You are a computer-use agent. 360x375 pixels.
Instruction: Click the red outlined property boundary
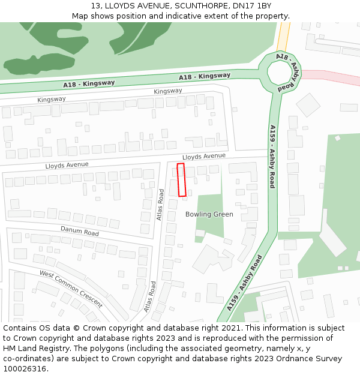pyautogui.click(x=181, y=179)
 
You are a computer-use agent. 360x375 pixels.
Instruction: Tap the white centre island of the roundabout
pyautogui.click(x=278, y=73)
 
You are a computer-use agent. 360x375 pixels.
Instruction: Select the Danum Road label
pyautogui.click(x=79, y=230)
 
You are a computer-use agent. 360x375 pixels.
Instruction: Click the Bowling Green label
pyautogui.click(x=209, y=214)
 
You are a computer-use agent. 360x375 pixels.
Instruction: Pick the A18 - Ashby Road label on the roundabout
pyautogui.click(x=286, y=71)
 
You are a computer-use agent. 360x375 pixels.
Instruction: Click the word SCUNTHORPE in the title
pyautogui.click(x=185, y=5)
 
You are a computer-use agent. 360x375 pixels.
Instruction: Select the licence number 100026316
pyautogui.click(x=25, y=369)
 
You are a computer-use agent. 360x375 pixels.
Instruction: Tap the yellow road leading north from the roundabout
pyautogui.click(x=284, y=36)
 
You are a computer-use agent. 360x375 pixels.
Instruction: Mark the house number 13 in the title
pyautogui.click(x=95, y=5)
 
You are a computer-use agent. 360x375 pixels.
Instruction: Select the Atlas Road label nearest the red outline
pyautogui.click(x=160, y=205)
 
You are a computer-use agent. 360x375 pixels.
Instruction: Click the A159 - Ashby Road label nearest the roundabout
pyautogui.click(x=272, y=156)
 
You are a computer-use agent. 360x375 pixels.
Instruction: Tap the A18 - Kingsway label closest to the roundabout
pyautogui.click(x=204, y=76)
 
